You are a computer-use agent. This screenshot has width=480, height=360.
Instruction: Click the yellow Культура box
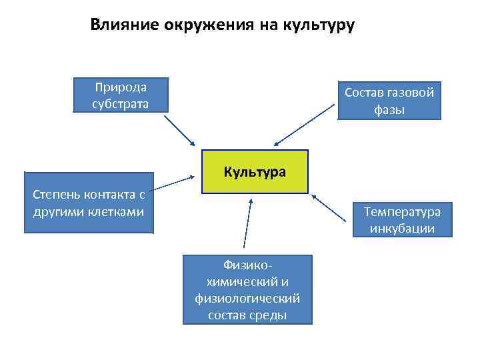point(255,172)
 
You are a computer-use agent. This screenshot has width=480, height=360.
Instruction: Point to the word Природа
point(121,87)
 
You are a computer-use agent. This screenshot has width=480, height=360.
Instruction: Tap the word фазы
point(389,109)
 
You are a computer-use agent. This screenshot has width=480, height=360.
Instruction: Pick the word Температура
point(402,212)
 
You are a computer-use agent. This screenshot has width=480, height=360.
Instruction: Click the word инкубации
point(402,229)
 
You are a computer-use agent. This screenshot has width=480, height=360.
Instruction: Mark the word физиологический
point(247,298)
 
